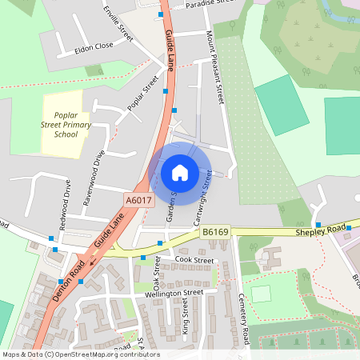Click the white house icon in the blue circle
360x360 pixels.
coord(180,172)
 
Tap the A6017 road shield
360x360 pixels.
coord(138,200)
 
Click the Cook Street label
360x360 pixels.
coord(194,261)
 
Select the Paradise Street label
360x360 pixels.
coord(212,4)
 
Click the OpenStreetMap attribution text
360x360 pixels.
coord(80,354)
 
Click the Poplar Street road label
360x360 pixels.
coord(143,94)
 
